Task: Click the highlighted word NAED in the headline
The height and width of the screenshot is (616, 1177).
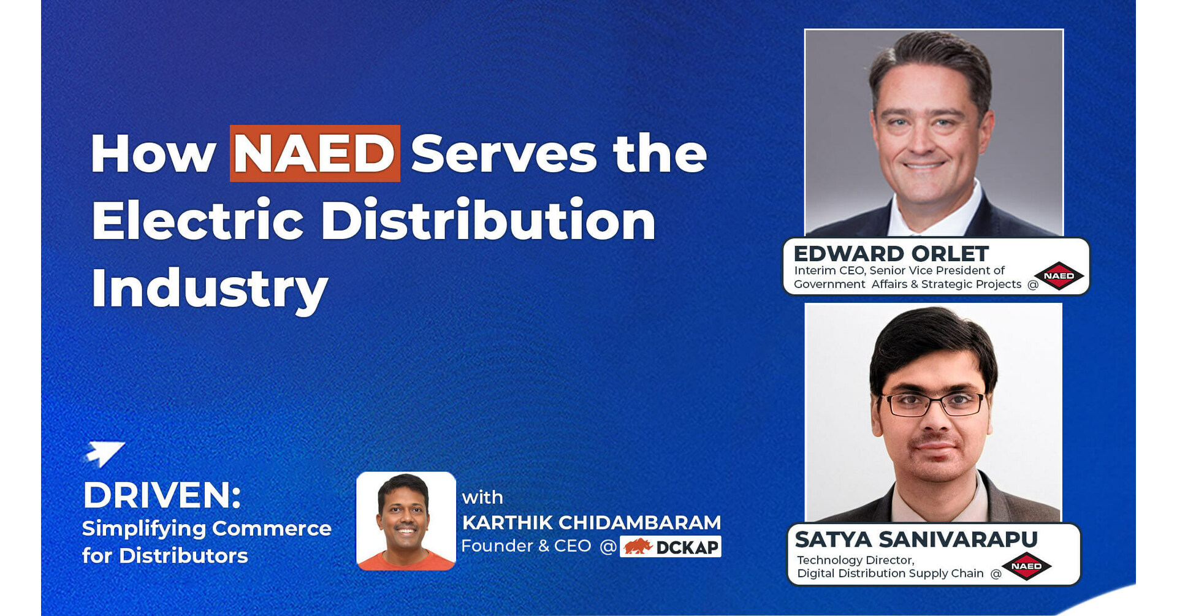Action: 314,154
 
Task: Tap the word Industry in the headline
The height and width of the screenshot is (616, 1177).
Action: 209,288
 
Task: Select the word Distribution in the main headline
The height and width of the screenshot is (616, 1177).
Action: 488,220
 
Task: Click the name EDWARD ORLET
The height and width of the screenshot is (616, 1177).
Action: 891,253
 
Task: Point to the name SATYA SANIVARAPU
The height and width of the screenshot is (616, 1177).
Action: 916,539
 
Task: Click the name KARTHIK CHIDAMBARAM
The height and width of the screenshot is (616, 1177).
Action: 591,522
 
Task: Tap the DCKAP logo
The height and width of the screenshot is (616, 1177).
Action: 671,547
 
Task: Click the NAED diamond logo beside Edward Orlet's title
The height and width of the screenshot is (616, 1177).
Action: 1059,276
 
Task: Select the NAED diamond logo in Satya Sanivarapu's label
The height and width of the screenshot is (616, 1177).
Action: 1026,566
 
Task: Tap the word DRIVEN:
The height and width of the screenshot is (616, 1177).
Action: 162,495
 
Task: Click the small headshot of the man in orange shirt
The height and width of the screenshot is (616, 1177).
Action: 406,520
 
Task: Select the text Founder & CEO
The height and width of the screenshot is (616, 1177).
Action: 526,546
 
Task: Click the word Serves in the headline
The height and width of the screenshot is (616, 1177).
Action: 503,154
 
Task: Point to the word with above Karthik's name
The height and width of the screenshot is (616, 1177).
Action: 482,497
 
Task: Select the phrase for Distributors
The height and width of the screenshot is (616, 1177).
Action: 165,556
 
